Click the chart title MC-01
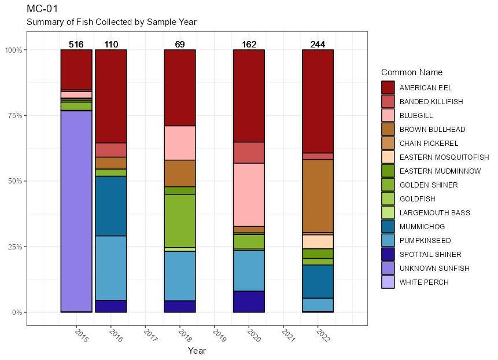coord(42,9)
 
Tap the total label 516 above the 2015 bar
coord(76,45)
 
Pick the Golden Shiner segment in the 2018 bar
coord(180,221)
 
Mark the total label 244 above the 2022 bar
coord(318,45)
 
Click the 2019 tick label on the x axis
coord(219,335)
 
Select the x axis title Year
coord(197,350)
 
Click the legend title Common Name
coord(412,72)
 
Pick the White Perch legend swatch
coord(388,282)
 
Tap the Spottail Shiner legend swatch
coord(388,254)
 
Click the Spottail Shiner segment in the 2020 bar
coord(249,302)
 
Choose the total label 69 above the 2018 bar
coord(180,45)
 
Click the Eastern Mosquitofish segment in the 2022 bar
coord(318,241)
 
